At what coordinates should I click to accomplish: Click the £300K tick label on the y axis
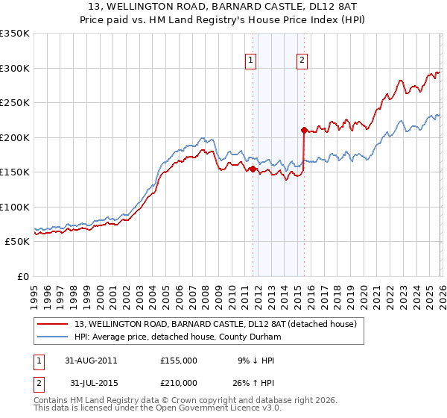(15, 68)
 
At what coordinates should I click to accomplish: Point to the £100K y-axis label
(15, 207)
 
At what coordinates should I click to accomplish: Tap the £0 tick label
(22, 277)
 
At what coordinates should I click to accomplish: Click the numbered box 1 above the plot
(251, 61)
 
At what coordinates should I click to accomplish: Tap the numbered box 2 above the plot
(302, 61)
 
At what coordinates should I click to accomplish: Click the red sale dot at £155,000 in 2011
(253, 169)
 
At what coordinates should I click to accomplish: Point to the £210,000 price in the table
(178, 383)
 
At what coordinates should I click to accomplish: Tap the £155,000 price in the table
(178, 361)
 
